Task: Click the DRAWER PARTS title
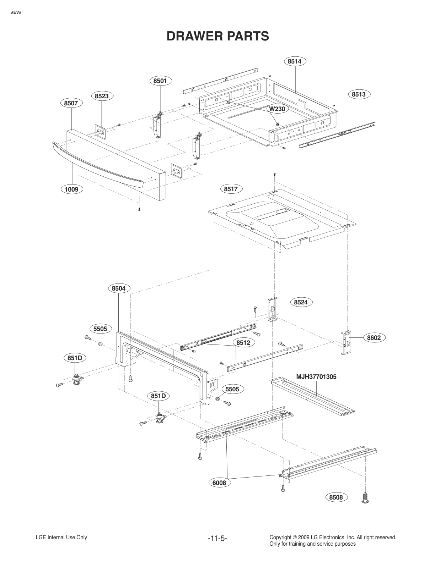coord(217,36)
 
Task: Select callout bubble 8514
coord(295,61)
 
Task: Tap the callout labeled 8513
coord(359,94)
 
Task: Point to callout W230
coord(277,109)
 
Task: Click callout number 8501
coord(160,81)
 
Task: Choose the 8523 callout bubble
coord(102,96)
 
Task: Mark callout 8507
coord(71,103)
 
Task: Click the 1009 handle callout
coord(71,189)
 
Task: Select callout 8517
coord(231,189)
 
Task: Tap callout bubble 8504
coord(119,288)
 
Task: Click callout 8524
coord(301,302)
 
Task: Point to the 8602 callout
coord(374,338)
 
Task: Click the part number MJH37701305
coord(316,377)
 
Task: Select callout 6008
coord(219,483)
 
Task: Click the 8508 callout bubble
coord(336,497)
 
